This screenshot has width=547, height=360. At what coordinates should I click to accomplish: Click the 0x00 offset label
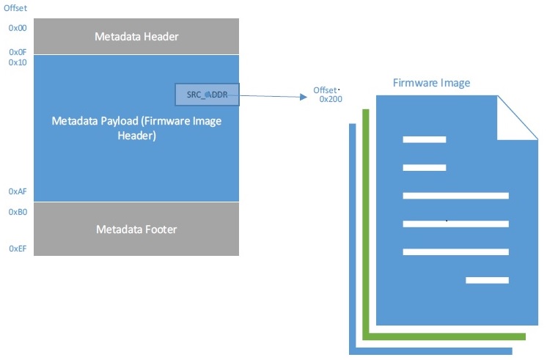(x=18, y=28)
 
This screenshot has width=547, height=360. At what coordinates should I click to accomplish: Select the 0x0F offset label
(x=18, y=52)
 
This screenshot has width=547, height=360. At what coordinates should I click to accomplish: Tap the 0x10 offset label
(x=18, y=62)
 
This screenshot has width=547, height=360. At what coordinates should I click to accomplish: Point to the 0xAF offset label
(x=18, y=191)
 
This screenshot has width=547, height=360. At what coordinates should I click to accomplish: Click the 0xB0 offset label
(x=18, y=212)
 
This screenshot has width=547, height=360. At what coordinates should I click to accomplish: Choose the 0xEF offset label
(x=18, y=249)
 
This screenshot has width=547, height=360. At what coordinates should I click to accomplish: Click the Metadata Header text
(x=136, y=37)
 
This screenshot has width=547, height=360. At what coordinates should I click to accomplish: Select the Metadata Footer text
(x=136, y=229)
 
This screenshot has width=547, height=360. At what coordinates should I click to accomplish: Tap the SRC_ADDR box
(x=207, y=95)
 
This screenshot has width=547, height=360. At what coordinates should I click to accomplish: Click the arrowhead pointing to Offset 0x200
(x=304, y=97)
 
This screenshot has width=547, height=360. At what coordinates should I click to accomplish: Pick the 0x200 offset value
(x=331, y=99)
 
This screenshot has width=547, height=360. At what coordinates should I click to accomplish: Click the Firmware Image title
(x=431, y=83)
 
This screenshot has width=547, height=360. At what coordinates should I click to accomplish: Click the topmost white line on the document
(x=425, y=139)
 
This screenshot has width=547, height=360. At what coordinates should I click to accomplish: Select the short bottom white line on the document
(x=487, y=280)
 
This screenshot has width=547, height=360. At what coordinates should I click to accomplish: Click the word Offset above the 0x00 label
(x=15, y=8)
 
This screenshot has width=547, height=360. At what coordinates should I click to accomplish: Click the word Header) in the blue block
(x=136, y=136)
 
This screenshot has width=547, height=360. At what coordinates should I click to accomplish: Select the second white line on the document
(x=425, y=168)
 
